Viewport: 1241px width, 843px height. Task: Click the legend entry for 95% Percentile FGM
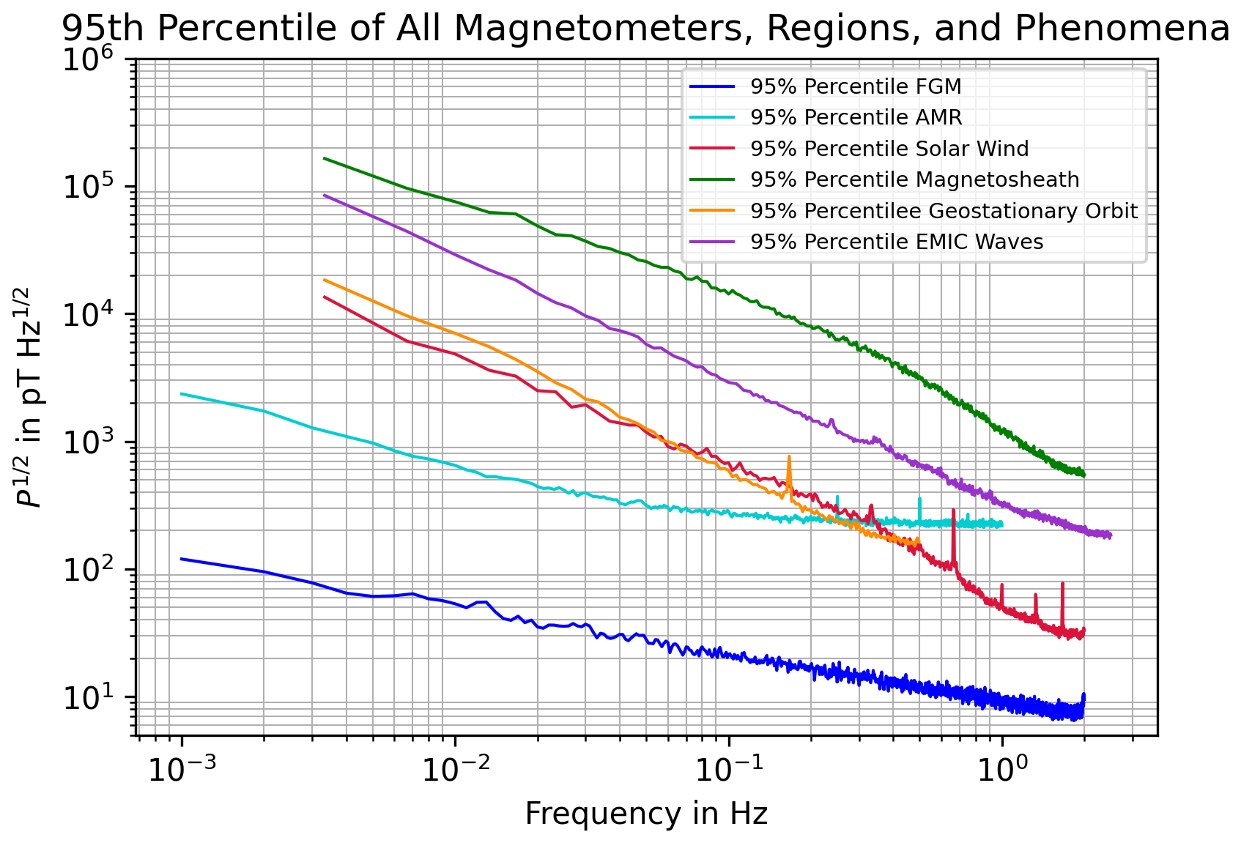coord(855,87)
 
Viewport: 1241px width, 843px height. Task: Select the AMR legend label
coord(856,118)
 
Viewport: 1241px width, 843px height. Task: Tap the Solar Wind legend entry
coord(889,149)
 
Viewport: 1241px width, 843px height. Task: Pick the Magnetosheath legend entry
coord(914,180)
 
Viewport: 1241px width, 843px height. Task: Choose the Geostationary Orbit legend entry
coord(944,212)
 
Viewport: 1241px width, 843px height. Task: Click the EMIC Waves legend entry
coord(896,242)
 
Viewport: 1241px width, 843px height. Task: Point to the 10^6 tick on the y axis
coord(95,59)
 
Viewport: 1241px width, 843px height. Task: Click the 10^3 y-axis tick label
coord(95,442)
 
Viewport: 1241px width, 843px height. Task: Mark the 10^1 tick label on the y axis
coord(95,697)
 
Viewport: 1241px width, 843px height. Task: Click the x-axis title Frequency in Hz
coord(646,814)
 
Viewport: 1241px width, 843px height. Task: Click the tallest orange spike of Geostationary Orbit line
coord(789,457)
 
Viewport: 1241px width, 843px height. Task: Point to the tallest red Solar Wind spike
coord(953,510)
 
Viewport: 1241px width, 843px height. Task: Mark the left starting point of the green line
coord(324,158)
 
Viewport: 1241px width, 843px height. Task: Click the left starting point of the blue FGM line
coord(181,559)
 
